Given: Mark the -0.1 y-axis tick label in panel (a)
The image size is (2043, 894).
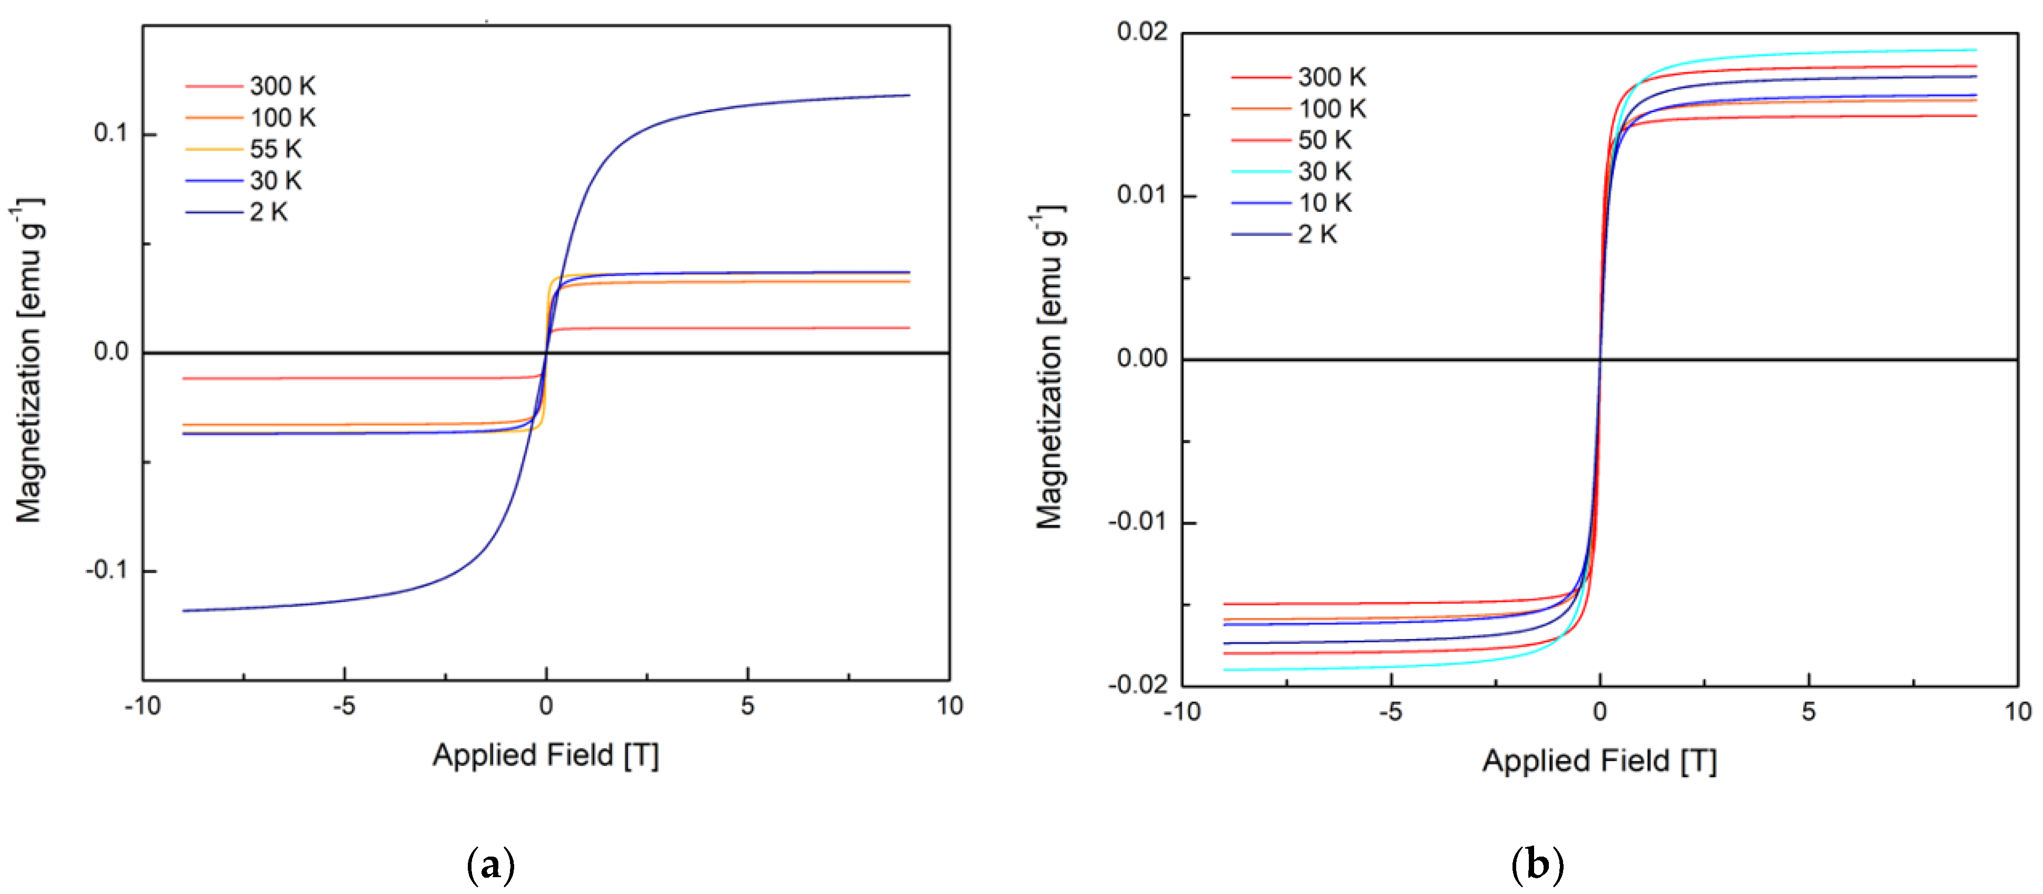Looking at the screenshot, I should click(106, 571).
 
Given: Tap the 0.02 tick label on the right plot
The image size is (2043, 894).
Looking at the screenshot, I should click(1142, 33).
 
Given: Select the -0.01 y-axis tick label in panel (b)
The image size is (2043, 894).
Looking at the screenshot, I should click(1138, 522).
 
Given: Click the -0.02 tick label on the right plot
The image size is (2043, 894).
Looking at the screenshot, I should click(1138, 684).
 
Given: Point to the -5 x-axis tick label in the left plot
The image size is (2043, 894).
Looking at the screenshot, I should click(343, 706).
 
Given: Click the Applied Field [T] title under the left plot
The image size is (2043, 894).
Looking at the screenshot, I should click(546, 754).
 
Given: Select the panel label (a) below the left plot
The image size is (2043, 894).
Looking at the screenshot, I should click(491, 864).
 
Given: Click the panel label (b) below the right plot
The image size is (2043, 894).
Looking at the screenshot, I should click(1537, 864).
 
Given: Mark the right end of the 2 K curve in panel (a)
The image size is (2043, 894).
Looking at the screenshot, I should click(909, 95).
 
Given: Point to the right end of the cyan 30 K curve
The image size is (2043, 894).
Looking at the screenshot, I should click(1976, 50).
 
